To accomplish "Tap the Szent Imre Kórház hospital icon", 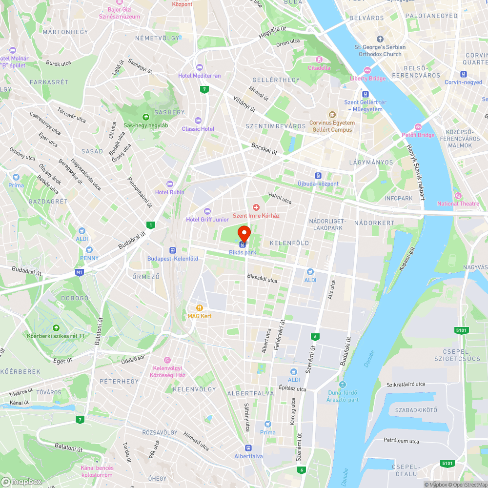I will click(x=255, y=208).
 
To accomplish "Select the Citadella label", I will click(x=319, y=68).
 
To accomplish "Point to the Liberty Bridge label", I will click(x=367, y=78).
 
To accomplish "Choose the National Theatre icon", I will click(x=458, y=195).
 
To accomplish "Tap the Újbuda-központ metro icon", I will click(x=318, y=176).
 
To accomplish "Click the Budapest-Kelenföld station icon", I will click(x=172, y=250).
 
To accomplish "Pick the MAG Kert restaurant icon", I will click(x=199, y=308).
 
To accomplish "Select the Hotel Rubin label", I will click(x=170, y=192).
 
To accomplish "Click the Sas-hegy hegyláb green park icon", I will click(x=145, y=117).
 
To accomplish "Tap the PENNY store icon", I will click(x=89, y=250).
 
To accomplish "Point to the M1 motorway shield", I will click(x=80, y=272).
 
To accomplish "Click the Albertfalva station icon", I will click(x=248, y=448).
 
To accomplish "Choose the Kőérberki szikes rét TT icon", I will click(x=56, y=327).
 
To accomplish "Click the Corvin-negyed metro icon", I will click(x=463, y=74).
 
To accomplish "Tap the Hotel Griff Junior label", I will click(x=207, y=220).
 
